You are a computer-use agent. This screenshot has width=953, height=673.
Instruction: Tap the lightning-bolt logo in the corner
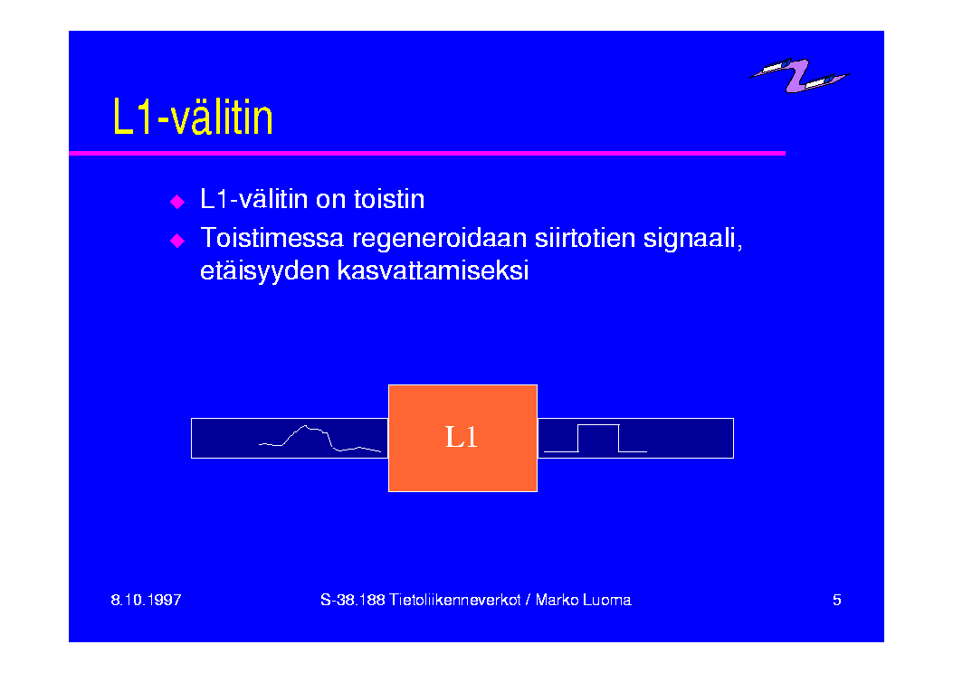point(798,75)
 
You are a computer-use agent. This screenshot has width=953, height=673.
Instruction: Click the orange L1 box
point(462,438)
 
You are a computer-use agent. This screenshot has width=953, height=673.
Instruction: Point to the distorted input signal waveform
point(320,439)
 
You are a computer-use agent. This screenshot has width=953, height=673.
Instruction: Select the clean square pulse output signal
point(595,438)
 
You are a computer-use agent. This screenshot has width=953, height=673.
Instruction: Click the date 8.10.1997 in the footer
point(146,600)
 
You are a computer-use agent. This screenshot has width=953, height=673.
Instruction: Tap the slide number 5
point(837,600)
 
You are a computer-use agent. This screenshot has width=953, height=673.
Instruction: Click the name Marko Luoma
point(583,600)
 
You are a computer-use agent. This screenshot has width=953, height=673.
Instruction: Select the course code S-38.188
point(353,600)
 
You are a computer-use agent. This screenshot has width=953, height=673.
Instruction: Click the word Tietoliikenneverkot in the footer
point(454,600)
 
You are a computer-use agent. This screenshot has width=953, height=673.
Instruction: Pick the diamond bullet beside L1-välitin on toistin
point(176,202)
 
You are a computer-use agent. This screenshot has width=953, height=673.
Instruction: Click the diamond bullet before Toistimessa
point(176,241)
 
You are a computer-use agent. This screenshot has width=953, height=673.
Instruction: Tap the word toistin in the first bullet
point(389,199)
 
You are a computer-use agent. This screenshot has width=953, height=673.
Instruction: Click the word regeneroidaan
point(439,239)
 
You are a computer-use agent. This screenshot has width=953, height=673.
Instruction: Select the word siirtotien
point(585,238)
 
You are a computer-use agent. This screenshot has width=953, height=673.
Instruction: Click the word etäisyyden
point(264,270)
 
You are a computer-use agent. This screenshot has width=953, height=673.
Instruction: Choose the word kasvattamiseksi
point(433,270)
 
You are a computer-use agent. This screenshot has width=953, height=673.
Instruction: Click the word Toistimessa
point(272,238)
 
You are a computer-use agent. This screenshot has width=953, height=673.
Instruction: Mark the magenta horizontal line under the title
point(427,153)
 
